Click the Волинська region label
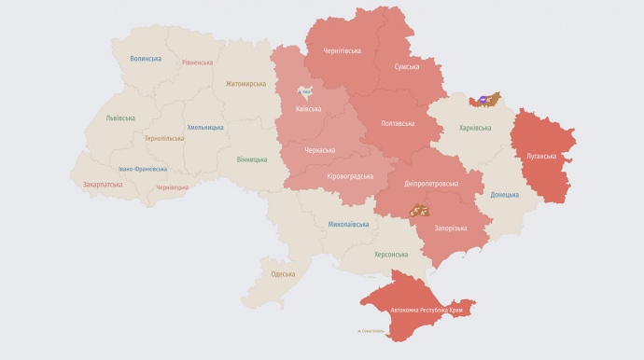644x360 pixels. coord(146,59)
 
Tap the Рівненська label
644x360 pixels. coord(197,62)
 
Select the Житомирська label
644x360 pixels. coord(245,84)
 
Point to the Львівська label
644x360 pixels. coord(120,118)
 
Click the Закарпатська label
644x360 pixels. coord(103,185)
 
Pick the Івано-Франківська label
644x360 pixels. coord(143,169)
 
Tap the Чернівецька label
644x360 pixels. coord(172,187)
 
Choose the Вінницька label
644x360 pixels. coord(252,159)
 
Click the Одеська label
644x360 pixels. coord(283,274)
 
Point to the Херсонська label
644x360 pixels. coord(391,255)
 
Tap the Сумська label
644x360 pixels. coord(407,66)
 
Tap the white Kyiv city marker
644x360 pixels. coord(304,91)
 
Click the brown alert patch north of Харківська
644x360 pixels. coord(485,98)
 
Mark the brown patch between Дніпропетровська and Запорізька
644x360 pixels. coord(423,211)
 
